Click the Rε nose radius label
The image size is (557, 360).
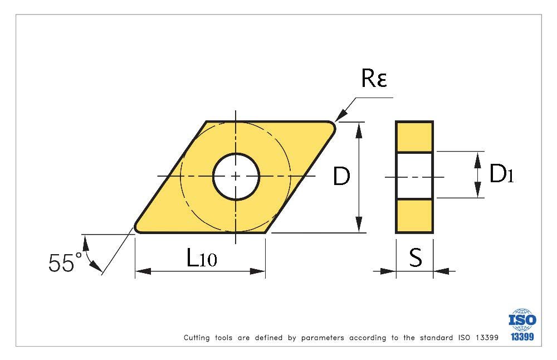(374, 78)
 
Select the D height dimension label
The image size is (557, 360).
(341, 176)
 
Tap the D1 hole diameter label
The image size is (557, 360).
(501, 174)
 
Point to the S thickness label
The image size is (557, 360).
(416, 257)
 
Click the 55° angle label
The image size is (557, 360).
(64, 263)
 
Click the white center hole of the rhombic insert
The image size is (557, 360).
(236, 176)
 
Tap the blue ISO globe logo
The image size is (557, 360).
(522, 319)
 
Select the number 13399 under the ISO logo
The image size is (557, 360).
(522, 337)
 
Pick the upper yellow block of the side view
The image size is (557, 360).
(414, 137)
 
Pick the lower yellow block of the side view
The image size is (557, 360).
(414, 216)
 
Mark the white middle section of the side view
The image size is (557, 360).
(414, 176)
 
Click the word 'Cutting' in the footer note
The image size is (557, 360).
(197, 338)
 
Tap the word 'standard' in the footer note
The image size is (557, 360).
(436, 338)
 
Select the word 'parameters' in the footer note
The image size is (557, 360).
(323, 338)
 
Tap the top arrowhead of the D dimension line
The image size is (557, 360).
(359, 130)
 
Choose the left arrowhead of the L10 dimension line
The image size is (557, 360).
(143, 271)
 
